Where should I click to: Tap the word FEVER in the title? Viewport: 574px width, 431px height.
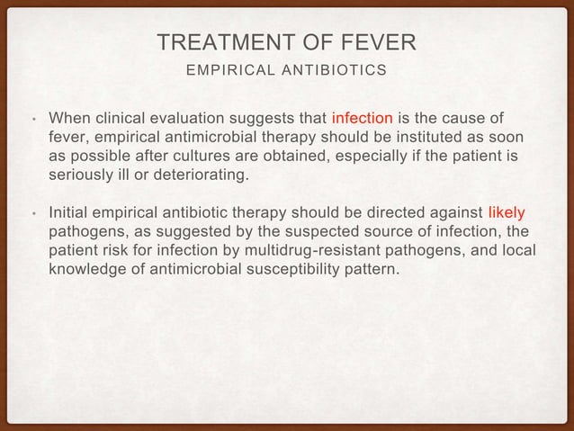click(371, 42)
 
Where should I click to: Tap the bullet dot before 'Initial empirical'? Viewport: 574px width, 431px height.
click(31, 214)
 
